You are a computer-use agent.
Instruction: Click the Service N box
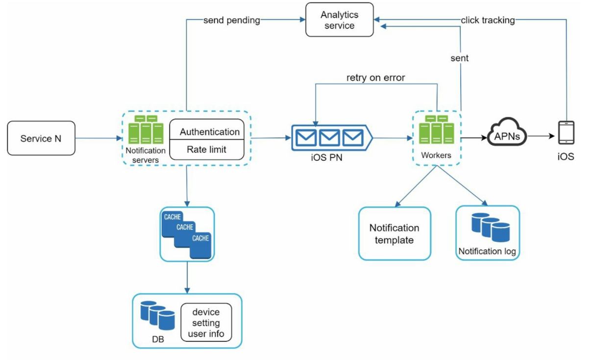click(41, 138)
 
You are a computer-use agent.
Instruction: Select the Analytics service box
click(339, 20)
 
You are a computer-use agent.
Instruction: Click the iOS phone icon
click(566, 132)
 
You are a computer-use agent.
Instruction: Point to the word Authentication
click(209, 131)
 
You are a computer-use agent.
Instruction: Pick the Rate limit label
click(206, 150)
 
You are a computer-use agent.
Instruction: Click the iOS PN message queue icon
click(329, 138)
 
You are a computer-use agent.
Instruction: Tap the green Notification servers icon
click(146, 130)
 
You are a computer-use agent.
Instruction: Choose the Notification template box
click(394, 234)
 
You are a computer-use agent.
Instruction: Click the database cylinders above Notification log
click(490, 227)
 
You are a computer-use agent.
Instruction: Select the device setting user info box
click(206, 323)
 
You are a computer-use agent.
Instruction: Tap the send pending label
click(231, 21)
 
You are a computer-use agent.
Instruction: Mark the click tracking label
click(488, 21)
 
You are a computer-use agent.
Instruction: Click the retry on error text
click(375, 77)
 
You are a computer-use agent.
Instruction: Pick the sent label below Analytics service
click(459, 58)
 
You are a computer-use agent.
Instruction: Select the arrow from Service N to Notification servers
click(98, 138)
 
